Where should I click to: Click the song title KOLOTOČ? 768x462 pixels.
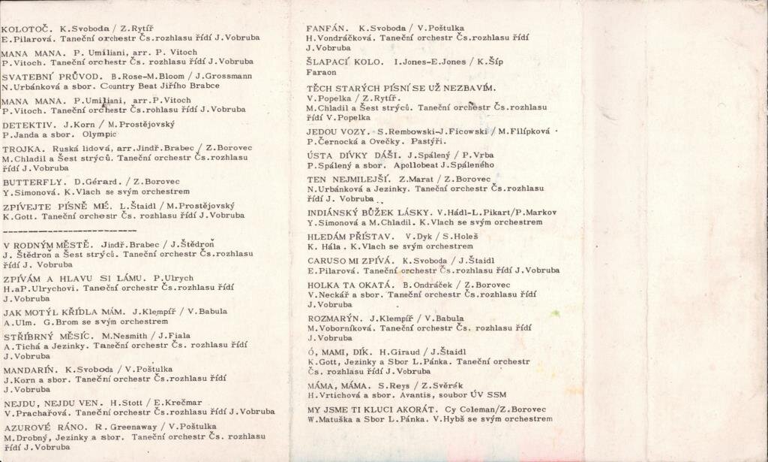tap(23, 29)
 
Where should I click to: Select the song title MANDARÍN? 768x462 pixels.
tap(30, 370)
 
